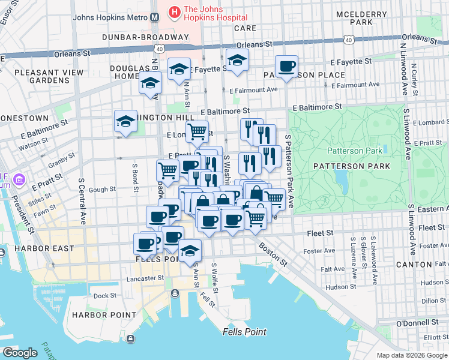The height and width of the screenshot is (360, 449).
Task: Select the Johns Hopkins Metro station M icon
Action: click(155, 17)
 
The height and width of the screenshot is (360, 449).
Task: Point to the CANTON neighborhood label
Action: click(414, 265)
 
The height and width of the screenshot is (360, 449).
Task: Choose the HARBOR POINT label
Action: click(97, 315)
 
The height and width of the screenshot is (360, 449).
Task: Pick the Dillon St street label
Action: click(434, 301)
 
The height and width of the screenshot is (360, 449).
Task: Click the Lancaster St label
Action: click(145, 278)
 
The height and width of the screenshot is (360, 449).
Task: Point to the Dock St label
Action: click(104, 295)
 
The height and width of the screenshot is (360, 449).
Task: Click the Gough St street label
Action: click(102, 190)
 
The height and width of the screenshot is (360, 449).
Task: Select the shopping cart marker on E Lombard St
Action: click(196, 130)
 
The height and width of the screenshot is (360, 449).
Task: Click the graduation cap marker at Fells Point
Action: click(190, 250)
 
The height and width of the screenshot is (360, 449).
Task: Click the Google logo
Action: click(20, 353)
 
